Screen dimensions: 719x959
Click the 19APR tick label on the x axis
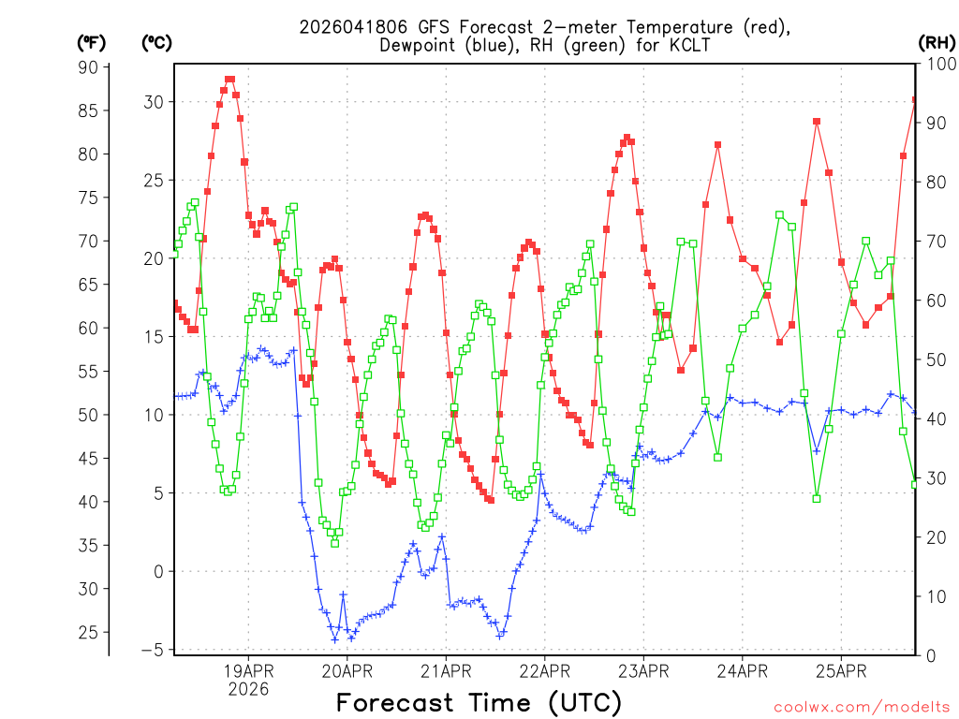click(x=248, y=671)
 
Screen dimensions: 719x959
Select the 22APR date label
click(x=544, y=671)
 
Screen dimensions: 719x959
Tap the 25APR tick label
click(x=840, y=671)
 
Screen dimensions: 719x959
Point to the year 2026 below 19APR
click(x=248, y=689)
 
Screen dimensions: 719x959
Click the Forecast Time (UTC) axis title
click(x=479, y=702)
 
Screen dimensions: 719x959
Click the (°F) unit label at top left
click(x=92, y=42)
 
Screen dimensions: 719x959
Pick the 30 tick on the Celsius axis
click(x=153, y=102)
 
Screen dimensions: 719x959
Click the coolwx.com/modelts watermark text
click(x=862, y=706)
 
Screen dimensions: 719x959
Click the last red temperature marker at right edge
click(x=916, y=99)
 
